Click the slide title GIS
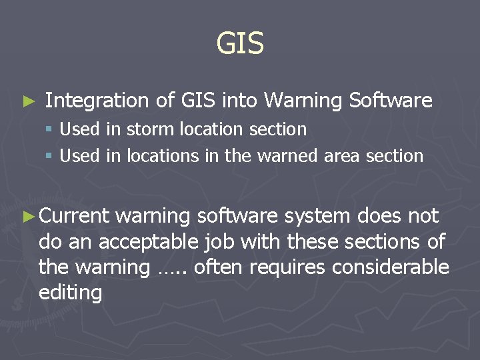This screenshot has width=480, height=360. click(x=240, y=44)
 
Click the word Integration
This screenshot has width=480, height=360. click(x=97, y=101)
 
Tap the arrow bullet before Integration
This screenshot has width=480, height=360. click(x=27, y=102)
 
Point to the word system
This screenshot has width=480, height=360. click(x=317, y=216)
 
